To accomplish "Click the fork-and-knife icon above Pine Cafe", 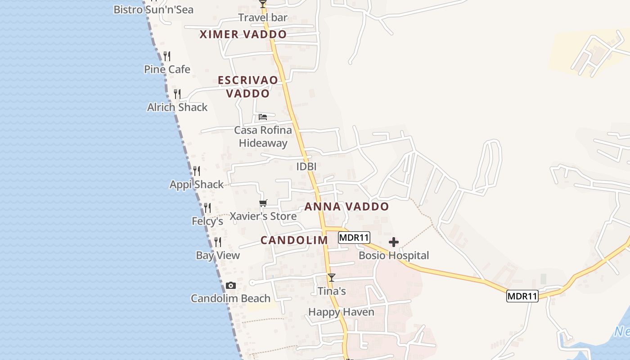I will (x=167, y=56).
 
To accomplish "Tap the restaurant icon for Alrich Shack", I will (x=177, y=94).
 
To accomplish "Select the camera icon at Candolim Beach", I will (x=231, y=286).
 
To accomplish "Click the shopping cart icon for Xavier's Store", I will (x=263, y=203).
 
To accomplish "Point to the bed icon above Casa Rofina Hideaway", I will (x=263, y=117).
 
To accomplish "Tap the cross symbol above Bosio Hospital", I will (x=394, y=243).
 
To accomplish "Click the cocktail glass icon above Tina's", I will (x=332, y=278).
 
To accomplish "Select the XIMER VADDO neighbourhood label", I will (x=243, y=35).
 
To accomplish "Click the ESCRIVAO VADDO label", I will (x=248, y=87).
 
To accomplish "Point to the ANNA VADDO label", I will (x=346, y=207).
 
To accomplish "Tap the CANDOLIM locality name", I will (x=294, y=240).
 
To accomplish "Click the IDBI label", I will (x=306, y=166).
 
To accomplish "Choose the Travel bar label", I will (x=263, y=18).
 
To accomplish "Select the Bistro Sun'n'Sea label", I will (x=153, y=9).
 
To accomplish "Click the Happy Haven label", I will (x=341, y=312).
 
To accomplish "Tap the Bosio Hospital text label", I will (x=394, y=256).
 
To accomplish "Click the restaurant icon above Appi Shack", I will (x=197, y=171).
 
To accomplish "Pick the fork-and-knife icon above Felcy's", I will (x=207, y=208).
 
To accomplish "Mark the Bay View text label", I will (x=218, y=256).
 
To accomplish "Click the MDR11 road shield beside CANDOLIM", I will (x=354, y=238).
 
